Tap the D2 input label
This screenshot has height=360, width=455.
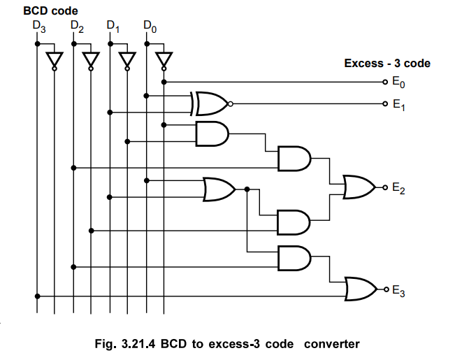[76, 27]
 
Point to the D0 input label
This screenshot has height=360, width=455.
[149, 27]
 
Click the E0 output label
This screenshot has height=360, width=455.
[397, 82]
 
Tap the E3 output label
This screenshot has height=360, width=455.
[397, 289]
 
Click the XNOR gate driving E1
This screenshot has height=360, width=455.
[211, 104]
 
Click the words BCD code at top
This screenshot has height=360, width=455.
[51, 10]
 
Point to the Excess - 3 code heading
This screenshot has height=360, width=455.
[387, 64]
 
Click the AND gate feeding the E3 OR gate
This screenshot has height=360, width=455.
[294, 259]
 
